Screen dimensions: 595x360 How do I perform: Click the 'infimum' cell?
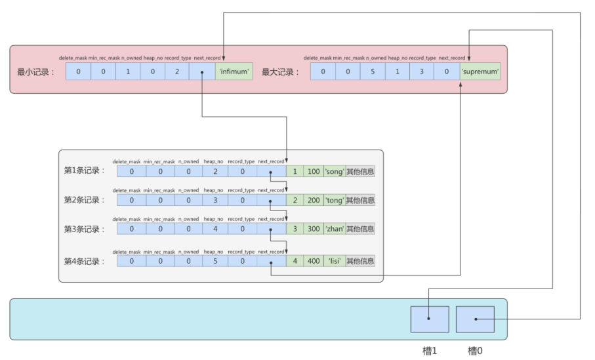(x=234, y=71)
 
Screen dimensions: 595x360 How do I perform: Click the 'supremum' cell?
(x=480, y=71)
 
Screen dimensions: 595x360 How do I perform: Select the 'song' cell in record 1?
(x=335, y=171)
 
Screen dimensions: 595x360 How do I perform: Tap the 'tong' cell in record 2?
(x=335, y=200)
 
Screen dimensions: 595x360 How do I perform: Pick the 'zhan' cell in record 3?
(x=335, y=229)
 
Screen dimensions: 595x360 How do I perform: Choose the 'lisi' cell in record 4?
(x=335, y=261)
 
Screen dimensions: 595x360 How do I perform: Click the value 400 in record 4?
(x=314, y=261)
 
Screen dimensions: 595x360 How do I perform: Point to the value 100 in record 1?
(x=314, y=171)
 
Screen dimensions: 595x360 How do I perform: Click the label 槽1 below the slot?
(x=430, y=351)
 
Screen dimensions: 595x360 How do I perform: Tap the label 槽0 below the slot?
(x=475, y=351)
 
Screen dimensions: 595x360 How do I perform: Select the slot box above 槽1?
(x=430, y=319)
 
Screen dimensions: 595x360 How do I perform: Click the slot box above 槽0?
(x=475, y=319)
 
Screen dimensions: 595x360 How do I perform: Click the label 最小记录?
(x=36, y=72)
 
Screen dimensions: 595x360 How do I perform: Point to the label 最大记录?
(x=280, y=72)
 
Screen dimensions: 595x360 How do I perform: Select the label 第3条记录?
(x=84, y=229)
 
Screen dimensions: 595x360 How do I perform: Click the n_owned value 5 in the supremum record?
(x=373, y=71)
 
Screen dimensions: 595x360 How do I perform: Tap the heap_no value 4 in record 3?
(x=215, y=229)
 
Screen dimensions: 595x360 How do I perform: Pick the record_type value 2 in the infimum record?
(x=177, y=71)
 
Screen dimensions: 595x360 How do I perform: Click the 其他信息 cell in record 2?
(x=360, y=200)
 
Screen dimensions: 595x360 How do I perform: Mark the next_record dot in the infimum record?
(x=202, y=72)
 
